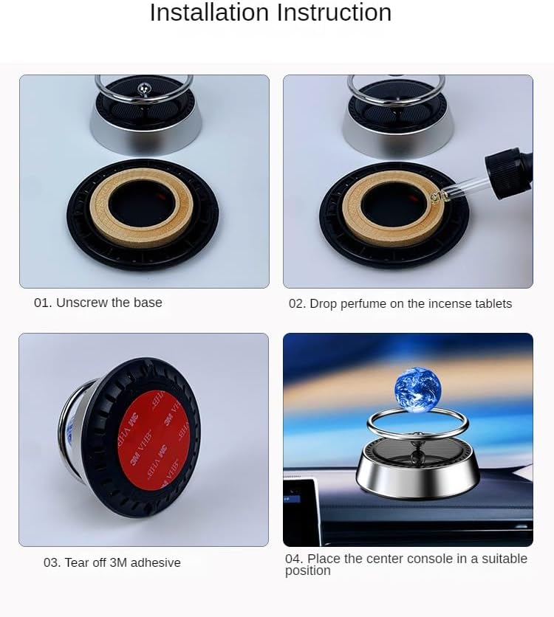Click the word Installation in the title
210,13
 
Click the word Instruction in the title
334,13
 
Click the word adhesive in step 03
156,562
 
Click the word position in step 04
307,571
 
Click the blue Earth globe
418,389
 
